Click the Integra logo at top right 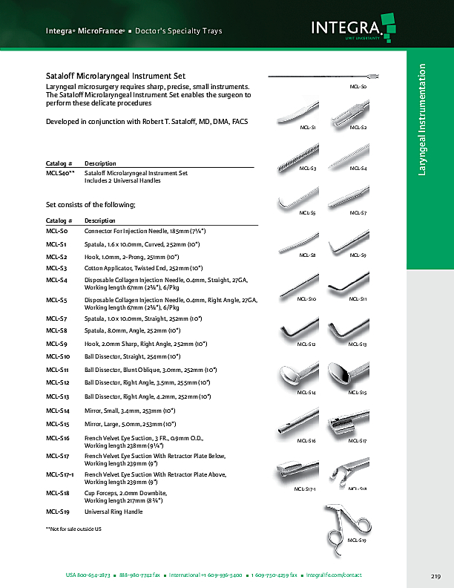pos(349,30)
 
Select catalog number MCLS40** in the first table pos(59,173)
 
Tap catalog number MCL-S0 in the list pos(56,232)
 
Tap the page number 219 pos(435,576)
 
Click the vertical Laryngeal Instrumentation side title pos(423,120)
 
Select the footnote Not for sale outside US pos(73,528)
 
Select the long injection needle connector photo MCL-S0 pos(323,76)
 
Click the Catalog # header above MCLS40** pos(59,163)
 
